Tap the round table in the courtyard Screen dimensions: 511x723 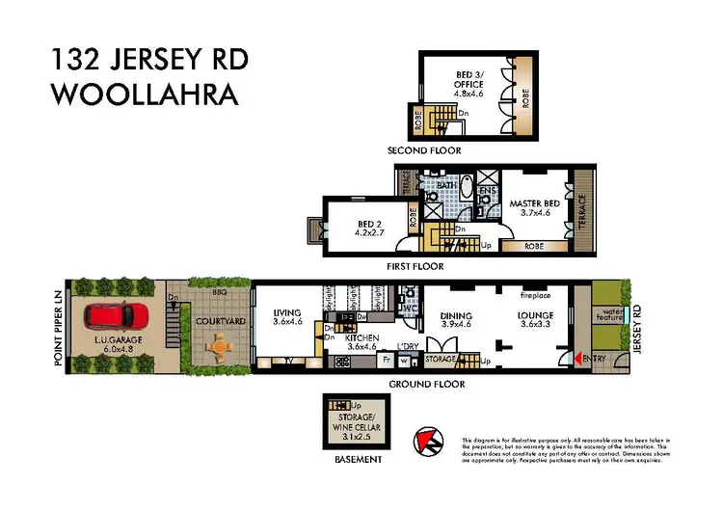click(x=221, y=345)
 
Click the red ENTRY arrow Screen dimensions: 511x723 click(x=580, y=359)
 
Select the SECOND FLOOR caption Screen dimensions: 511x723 click(x=423, y=150)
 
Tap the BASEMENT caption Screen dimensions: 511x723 click(x=352, y=460)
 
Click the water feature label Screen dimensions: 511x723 click(x=609, y=314)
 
